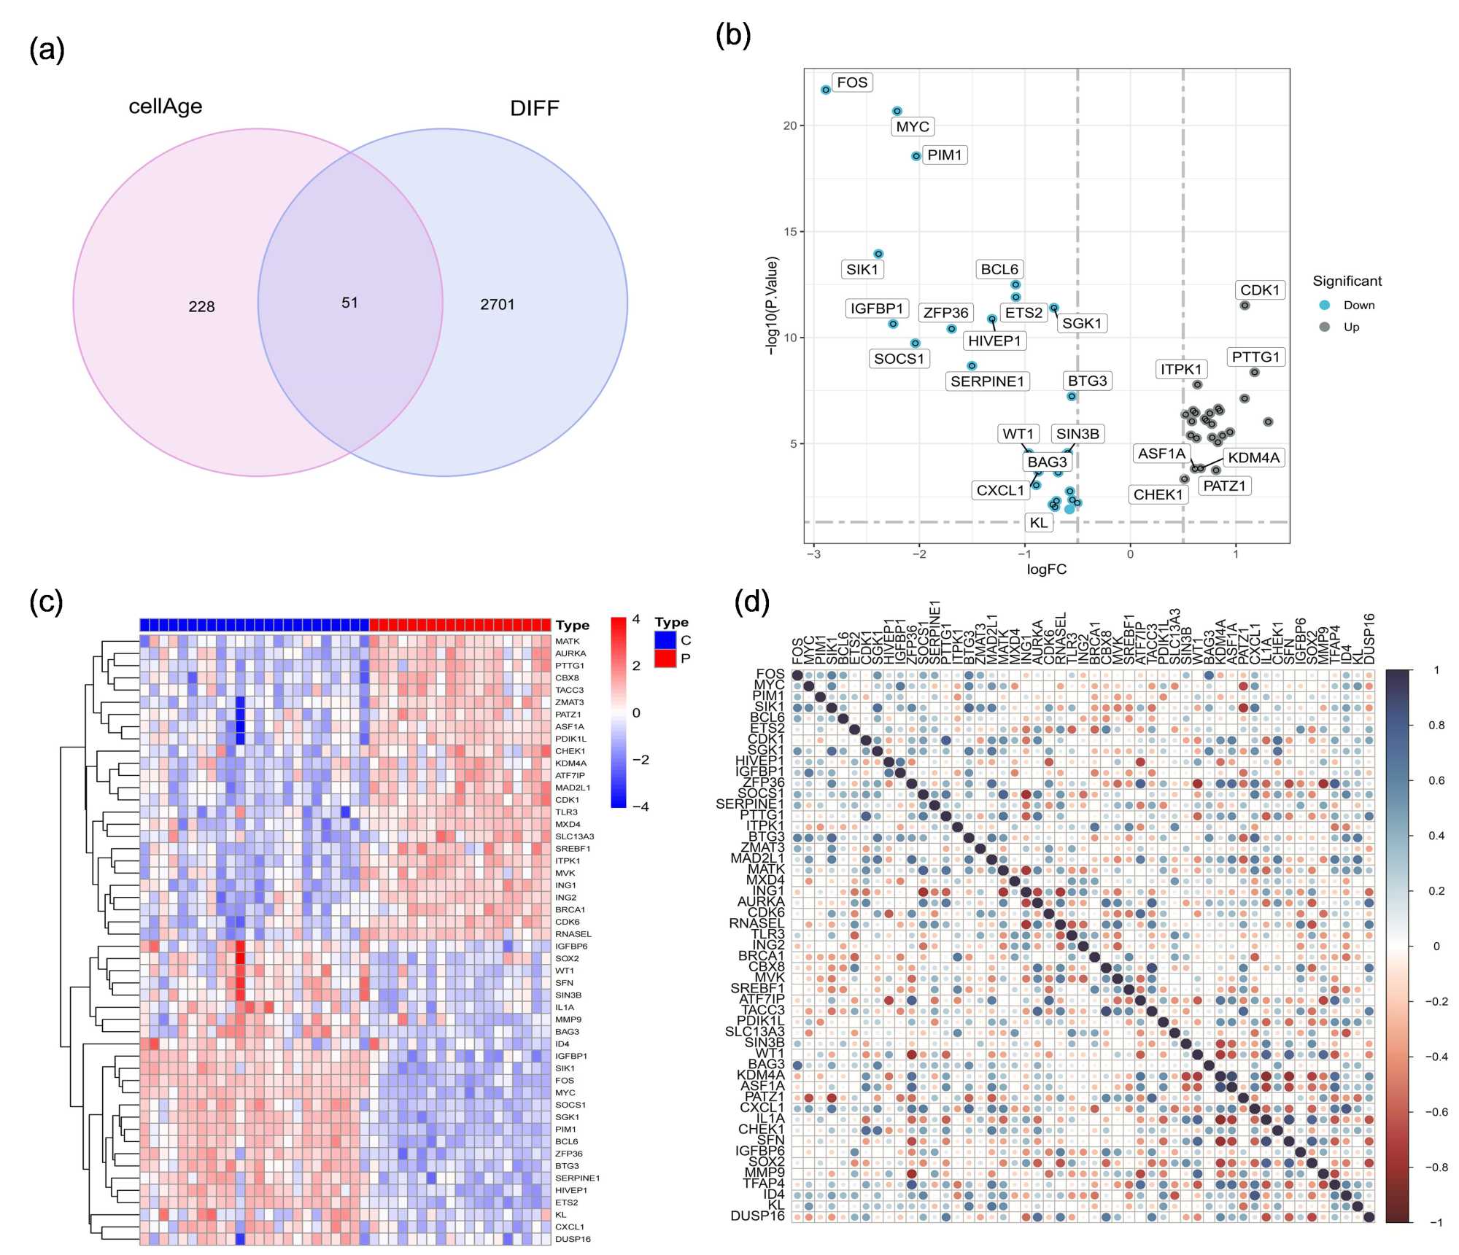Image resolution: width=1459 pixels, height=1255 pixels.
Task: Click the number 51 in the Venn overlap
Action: point(349,303)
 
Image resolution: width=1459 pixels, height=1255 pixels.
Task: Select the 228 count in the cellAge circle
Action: point(201,307)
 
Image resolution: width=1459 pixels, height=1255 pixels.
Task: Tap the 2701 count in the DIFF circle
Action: point(498,304)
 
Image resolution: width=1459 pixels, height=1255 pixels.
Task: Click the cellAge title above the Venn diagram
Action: point(166,106)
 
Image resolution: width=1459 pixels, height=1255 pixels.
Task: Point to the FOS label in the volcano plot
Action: point(852,82)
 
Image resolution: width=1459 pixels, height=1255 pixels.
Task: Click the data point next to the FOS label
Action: point(826,90)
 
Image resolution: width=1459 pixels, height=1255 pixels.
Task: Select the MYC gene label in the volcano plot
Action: point(913,126)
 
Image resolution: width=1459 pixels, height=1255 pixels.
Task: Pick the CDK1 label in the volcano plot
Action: point(1260,290)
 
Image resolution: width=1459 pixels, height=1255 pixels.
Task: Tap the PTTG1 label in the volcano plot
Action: point(1255,357)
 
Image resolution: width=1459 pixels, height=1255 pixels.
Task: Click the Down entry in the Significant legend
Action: point(1358,305)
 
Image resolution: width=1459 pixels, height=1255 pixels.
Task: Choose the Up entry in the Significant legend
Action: point(1351,327)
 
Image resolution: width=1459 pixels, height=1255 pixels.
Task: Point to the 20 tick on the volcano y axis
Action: point(790,125)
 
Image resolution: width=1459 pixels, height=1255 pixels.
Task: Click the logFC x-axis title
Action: point(1046,570)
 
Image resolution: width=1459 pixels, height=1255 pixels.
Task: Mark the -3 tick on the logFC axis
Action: point(813,554)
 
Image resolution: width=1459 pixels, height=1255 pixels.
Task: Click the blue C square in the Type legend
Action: point(665,640)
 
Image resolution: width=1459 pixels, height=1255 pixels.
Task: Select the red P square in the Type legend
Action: point(665,658)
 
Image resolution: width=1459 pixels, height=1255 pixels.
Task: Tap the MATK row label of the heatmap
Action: point(568,641)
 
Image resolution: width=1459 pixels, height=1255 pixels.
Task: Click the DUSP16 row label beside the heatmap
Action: point(573,1239)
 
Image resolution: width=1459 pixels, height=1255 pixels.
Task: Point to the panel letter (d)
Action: point(751,602)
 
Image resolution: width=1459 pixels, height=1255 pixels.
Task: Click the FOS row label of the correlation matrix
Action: point(770,675)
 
